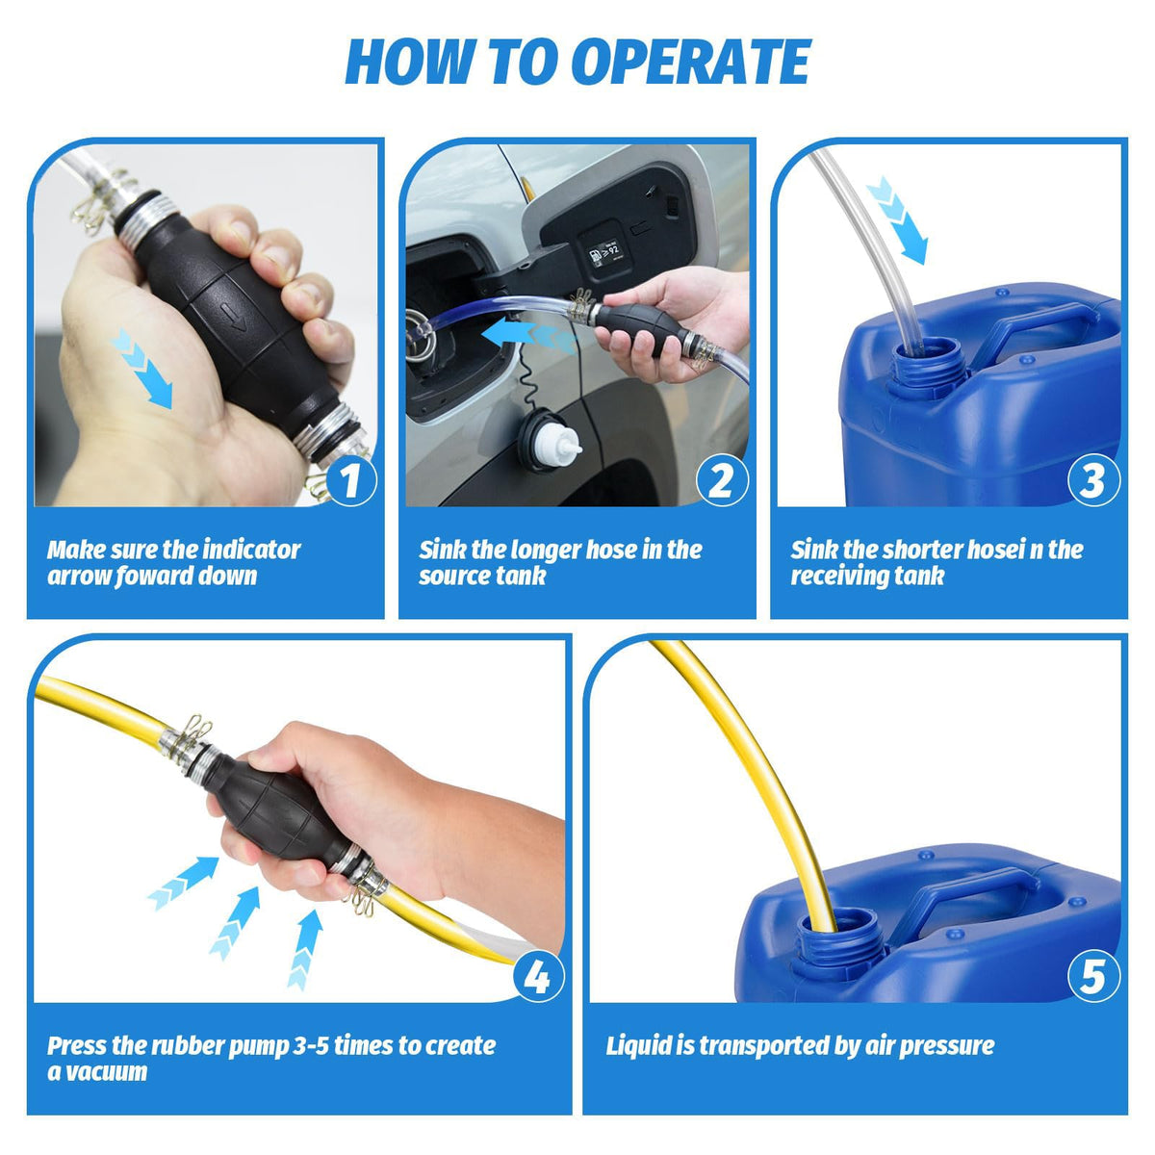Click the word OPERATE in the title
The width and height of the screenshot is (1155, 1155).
691,62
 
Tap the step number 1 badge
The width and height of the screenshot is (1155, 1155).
350,479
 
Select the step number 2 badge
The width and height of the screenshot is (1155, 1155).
722,479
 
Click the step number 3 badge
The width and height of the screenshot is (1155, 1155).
1093,479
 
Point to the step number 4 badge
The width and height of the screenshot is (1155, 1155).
538,976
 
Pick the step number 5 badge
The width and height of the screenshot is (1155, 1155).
1093,976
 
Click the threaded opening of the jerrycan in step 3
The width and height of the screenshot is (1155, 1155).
926,368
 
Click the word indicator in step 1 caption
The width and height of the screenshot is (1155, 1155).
251,550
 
